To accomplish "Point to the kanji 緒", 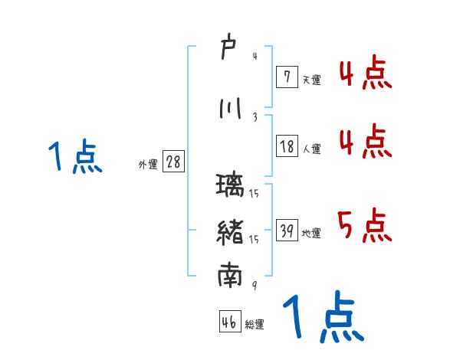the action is click(x=230, y=231).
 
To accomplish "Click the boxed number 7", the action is click(x=286, y=77).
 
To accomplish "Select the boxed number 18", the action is click(x=286, y=147).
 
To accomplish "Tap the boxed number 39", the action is click(x=286, y=232).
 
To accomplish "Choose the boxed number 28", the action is click(x=173, y=163).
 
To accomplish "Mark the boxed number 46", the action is click(x=229, y=322).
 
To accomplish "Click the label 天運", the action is click(x=311, y=80).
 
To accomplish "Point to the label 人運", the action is click(x=311, y=149).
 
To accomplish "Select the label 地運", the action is click(x=311, y=234).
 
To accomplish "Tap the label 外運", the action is click(x=147, y=165).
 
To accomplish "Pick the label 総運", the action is click(x=255, y=325).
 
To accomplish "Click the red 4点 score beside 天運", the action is click(x=365, y=75).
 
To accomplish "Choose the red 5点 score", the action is click(x=365, y=225).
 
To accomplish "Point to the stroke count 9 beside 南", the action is click(x=254, y=285).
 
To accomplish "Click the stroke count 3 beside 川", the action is click(x=254, y=116).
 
